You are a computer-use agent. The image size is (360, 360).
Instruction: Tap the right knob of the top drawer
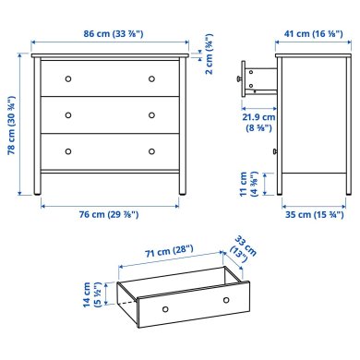(x=151, y=78)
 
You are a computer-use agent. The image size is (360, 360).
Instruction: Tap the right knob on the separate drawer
(x=225, y=299)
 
